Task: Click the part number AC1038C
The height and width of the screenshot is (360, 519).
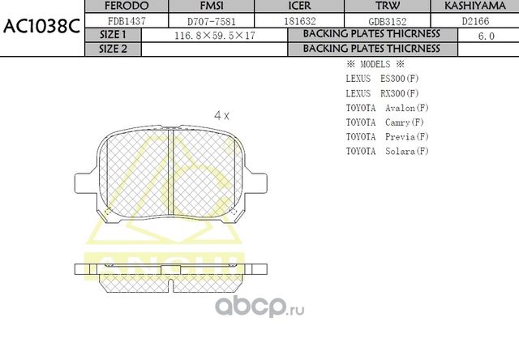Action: pos(41,25)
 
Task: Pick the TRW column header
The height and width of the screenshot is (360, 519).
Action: pos(378,6)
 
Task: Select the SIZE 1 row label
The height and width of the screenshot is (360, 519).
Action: pos(113,35)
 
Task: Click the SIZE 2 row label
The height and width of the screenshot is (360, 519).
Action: pos(113,49)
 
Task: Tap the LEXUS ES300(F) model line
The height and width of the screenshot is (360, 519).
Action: pos(382,79)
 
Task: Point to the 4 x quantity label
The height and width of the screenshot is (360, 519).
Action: pos(221,116)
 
